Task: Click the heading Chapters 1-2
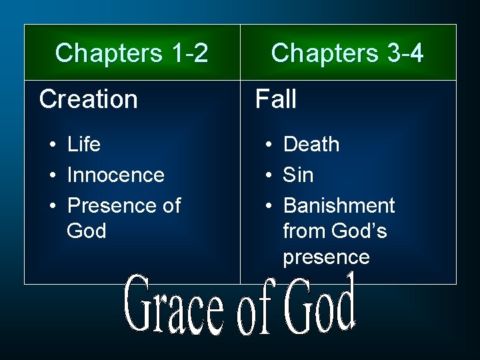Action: tap(131, 53)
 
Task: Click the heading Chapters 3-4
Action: tap(347, 53)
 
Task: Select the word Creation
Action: tap(88, 99)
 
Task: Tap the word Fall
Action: tap(276, 99)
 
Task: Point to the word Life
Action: tap(84, 144)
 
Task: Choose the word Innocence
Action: tap(115, 175)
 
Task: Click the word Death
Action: tap(311, 144)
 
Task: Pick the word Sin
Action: tap(298, 175)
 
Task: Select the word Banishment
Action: tap(339, 205)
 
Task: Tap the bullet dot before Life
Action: tap(51, 145)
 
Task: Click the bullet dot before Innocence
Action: tap(51, 175)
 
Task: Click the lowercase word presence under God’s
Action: tap(326, 257)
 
